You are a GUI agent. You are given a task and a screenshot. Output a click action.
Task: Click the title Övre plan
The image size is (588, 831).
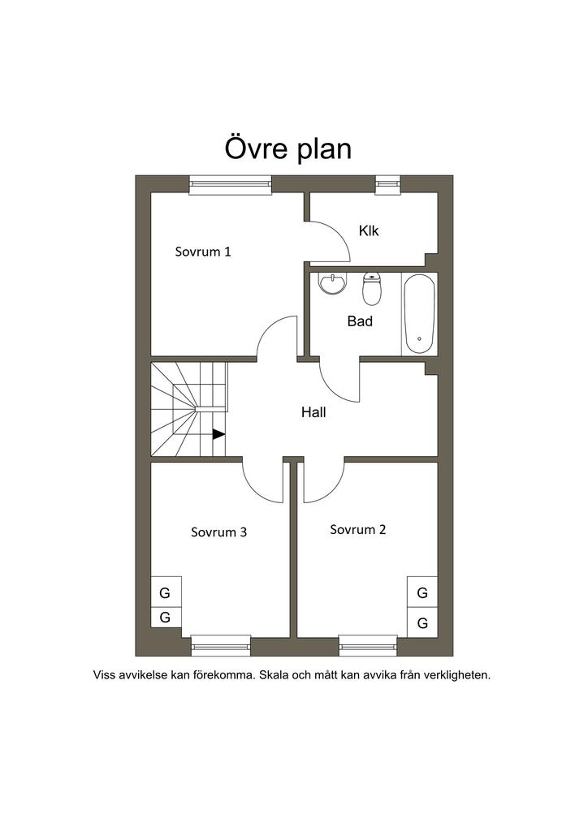pyautogui.click(x=288, y=149)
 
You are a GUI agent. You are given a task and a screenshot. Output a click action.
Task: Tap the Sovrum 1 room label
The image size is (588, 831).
pyautogui.click(x=203, y=252)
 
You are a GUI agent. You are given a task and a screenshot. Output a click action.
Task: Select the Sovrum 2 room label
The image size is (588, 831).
pyautogui.click(x=358, y=529)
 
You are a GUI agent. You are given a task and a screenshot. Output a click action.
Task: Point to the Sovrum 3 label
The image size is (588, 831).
pyautogui.click(x=219, y=532)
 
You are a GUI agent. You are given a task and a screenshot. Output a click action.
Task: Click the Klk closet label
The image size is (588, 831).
pyautogui.click(x=369, y=231)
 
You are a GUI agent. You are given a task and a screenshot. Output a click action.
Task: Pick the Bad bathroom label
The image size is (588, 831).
pyautogui.click(x=360, y=321)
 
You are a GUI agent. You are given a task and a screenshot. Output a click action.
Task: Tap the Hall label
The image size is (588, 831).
pyautogui.click(x=313, y=412)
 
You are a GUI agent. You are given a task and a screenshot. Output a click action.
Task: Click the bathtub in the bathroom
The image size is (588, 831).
pyautogui.click(x=419, y=314)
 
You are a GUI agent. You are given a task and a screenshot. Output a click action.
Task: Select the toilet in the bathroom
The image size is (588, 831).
pyautogui.click(x=372, y=289)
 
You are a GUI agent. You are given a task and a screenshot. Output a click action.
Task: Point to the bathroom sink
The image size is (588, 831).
pyautogui.click(x=332, y=282)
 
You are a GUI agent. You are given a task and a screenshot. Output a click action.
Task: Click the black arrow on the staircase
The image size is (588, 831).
pyautogui.click(x=218, y=434)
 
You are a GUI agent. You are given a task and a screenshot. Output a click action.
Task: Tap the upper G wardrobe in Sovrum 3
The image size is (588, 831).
pyautogui.click(x=166, y=592)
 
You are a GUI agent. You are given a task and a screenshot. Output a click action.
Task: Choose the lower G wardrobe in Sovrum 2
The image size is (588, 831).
pyautogui.click(x=422, y=622)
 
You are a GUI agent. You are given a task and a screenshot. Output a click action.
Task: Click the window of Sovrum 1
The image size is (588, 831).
pyautogui.click(x=230, y=185)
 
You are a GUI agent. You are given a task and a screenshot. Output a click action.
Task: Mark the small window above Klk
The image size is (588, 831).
pyautogui.click(x=387, y=185)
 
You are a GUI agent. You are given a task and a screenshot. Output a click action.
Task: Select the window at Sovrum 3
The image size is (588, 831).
pyautogui.click(x=221, y=646)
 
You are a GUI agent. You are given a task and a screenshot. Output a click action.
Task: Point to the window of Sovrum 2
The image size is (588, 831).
pyautogui.click(x=368, y=646)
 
